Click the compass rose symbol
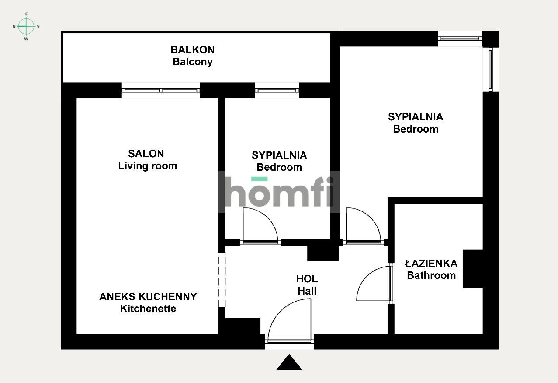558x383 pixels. point(26,26)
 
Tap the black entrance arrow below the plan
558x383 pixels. point(289,363)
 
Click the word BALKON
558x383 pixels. point(193,50)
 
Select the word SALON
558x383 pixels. point(146,154)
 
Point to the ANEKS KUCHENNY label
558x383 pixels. point(148,297)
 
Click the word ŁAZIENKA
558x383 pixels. point(431,264)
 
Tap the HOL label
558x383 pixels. point(307,279)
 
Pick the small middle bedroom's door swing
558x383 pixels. point(260,225)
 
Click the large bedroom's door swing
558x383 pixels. point(363,225)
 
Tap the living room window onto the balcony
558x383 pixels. point(161,90)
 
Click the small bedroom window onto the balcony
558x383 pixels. point(277,90)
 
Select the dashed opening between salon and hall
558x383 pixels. point(222,280)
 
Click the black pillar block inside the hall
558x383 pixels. point(323,253)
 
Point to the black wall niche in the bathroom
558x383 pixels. point(473,269)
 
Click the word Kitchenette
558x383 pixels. point(148,309)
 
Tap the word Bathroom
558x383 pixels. point(431,275)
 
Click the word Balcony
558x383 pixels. point(193,62)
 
